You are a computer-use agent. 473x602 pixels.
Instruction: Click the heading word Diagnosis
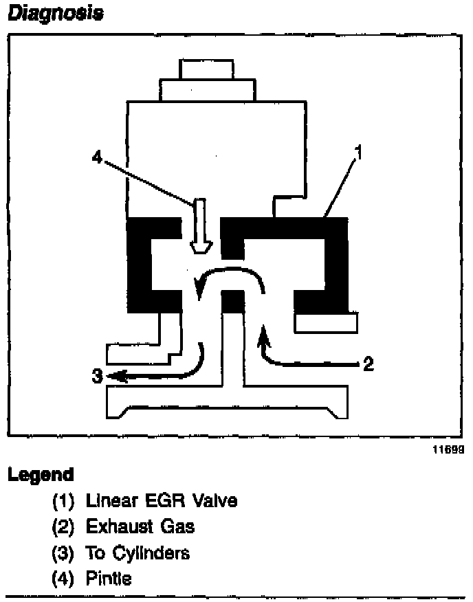coord(55,14)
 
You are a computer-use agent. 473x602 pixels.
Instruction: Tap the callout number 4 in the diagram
coord(97,157)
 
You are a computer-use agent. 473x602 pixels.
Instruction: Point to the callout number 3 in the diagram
coord(98,376)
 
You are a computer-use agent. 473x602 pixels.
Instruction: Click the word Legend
coord(41,475)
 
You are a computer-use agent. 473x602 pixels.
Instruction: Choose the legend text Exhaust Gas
coord(140,527)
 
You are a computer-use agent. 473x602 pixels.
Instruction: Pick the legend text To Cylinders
coord(137,553)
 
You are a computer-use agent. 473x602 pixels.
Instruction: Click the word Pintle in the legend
coord(109,579)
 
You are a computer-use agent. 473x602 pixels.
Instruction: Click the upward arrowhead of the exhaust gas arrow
coord(262,335)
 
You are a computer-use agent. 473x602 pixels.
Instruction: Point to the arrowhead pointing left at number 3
coord(117,376)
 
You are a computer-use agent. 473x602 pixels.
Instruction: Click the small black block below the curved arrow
coord(234,300)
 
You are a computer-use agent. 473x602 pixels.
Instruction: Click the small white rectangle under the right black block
coord(325,322)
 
